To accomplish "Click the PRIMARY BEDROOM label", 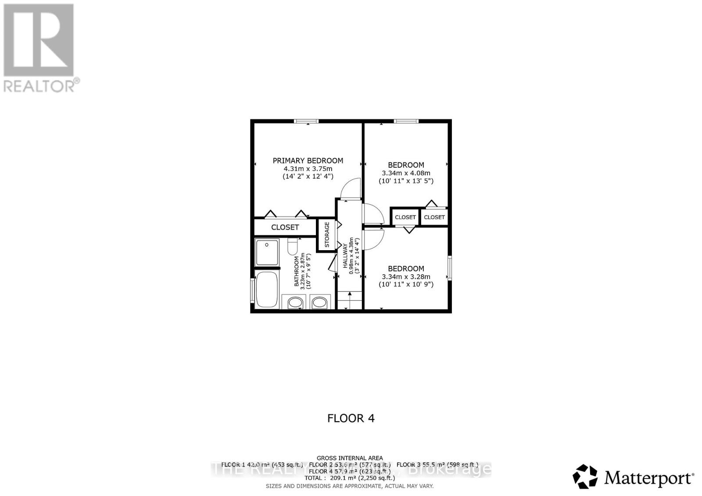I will click(308, 161).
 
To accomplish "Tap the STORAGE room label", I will click(327, 235).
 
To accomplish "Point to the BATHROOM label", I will click(297, 271).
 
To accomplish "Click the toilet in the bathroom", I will click(293, 247).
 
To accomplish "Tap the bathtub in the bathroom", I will click(267, 289).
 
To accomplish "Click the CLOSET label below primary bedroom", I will click(285, 227).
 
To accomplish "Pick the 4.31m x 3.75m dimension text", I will click(308, 169).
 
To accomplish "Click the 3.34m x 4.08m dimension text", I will click(406, 173).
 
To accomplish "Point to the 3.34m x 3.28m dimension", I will click(406, 276).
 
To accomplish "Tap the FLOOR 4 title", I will click(351, 418).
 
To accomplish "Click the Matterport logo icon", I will click(585, 476).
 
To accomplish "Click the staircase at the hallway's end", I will click(349, 300).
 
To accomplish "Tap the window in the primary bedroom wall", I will click(306, 121).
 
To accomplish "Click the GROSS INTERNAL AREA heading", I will click(350, 458).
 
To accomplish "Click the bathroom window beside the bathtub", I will click(252, 290).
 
